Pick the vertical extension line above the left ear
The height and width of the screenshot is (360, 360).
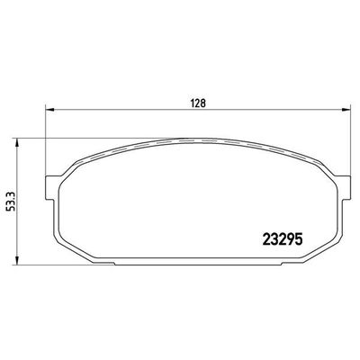tap(44, 144)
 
